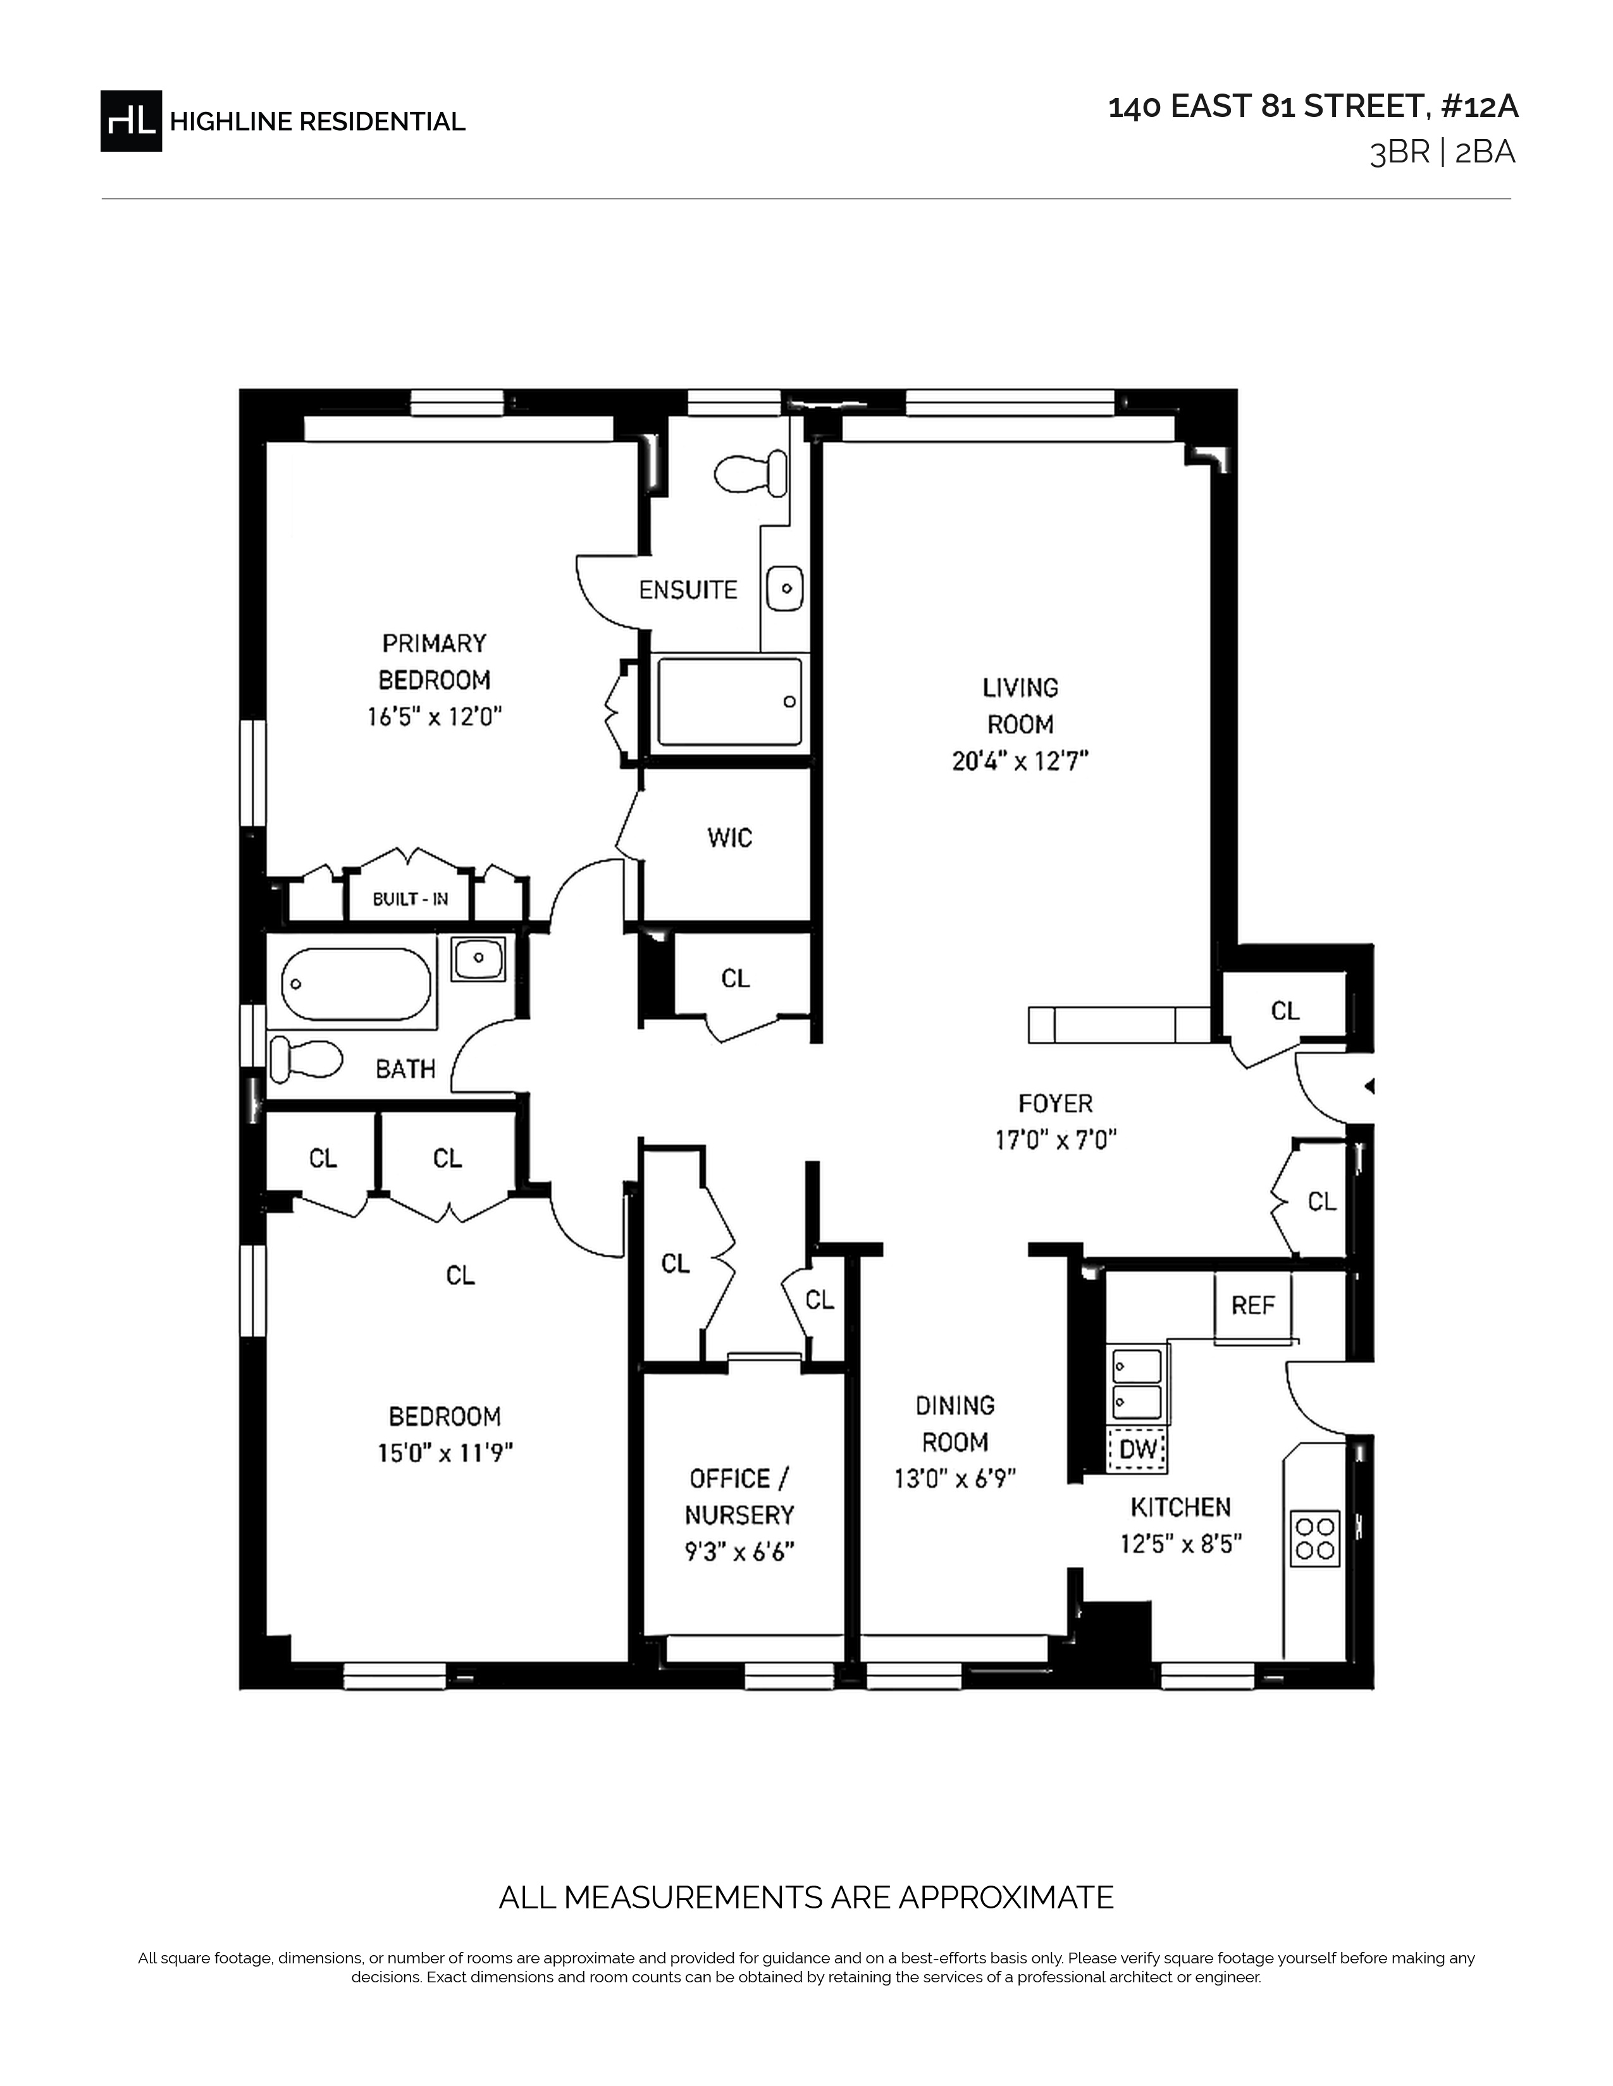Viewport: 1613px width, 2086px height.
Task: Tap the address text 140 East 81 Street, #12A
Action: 1313,107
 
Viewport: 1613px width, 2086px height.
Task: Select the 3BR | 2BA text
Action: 1443,153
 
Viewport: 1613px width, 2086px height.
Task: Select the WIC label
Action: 730,838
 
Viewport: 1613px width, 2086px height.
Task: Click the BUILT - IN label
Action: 410,899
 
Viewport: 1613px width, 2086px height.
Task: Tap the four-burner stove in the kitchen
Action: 1315,1538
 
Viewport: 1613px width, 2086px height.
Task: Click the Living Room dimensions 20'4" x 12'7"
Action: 1020,761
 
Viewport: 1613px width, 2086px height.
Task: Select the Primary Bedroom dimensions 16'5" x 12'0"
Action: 435,716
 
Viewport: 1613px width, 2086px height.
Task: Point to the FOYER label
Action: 1055,1104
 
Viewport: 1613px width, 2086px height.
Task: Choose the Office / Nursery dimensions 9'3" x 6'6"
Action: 739,1552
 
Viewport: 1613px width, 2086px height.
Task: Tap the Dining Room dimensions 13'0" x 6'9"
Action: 955,1479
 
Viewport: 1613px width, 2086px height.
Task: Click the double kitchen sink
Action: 1137,1384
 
